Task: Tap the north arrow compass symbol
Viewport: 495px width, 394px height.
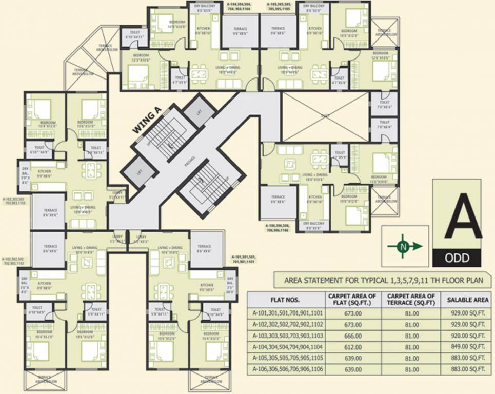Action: tap(405, 247)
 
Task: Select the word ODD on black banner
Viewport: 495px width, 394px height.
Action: tap(456, 257)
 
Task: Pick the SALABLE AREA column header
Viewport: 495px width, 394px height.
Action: tap(463, 299)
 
